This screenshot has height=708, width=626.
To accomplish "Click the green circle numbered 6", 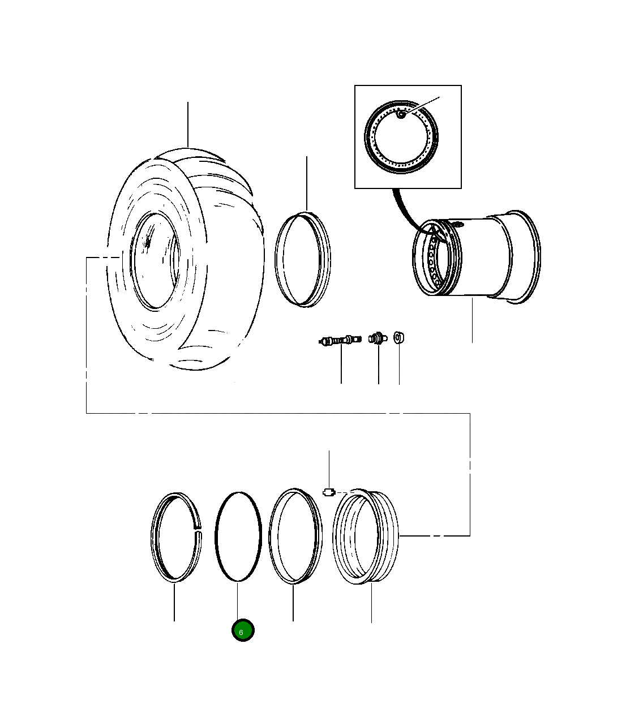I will coord(243,630).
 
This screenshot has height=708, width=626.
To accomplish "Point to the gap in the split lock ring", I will coord(198,530).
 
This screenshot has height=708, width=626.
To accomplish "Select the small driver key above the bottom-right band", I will coord(329,492).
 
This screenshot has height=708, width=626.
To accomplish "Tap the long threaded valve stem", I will coord(340,340).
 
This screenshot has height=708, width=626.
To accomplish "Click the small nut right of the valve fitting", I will coord(399,338).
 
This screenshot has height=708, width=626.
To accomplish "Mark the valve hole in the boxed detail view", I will coord(401,115).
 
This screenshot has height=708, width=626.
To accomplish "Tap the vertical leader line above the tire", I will coord(188,125).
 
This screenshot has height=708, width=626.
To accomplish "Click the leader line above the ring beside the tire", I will coord(307,184).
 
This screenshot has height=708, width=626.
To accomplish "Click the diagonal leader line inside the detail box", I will coord(422,105).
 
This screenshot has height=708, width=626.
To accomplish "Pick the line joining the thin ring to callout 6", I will coord(238,600).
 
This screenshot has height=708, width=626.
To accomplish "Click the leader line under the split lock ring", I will coord(174,603).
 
